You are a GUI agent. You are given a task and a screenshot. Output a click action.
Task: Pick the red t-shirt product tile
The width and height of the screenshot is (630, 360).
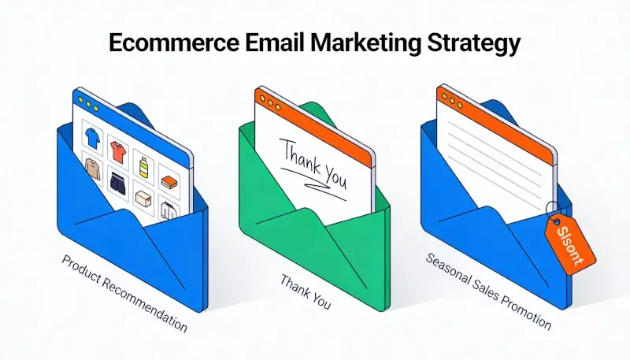(118, 148)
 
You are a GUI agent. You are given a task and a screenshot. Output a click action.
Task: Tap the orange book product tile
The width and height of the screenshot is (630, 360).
(169, 180)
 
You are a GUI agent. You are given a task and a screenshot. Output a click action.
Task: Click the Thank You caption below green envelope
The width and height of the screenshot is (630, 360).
(305, 291)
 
